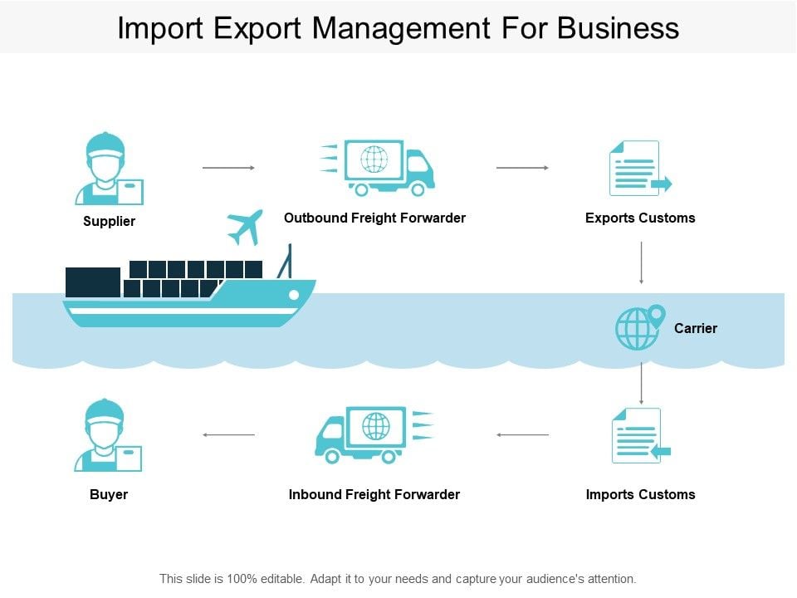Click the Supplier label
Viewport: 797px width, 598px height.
click(109, 221)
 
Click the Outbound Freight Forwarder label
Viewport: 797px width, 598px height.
click(374, 218)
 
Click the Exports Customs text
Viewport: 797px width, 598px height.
click(640, 218)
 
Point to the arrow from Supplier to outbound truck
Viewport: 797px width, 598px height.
click(228, 168)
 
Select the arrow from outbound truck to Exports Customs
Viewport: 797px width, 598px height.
click(522, 168)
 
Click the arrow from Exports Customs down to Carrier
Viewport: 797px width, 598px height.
click(642, 262)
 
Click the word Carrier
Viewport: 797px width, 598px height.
click(696, 328)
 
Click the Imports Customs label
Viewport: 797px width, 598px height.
click(640, 494)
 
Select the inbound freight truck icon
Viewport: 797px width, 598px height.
click(374, 434)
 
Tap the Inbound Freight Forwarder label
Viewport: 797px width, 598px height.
click(374, 494)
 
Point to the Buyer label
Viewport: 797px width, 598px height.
click(109, 494)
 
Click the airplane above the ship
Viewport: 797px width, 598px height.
click(245, 227)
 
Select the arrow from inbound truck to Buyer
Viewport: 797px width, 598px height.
click(228, 434)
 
